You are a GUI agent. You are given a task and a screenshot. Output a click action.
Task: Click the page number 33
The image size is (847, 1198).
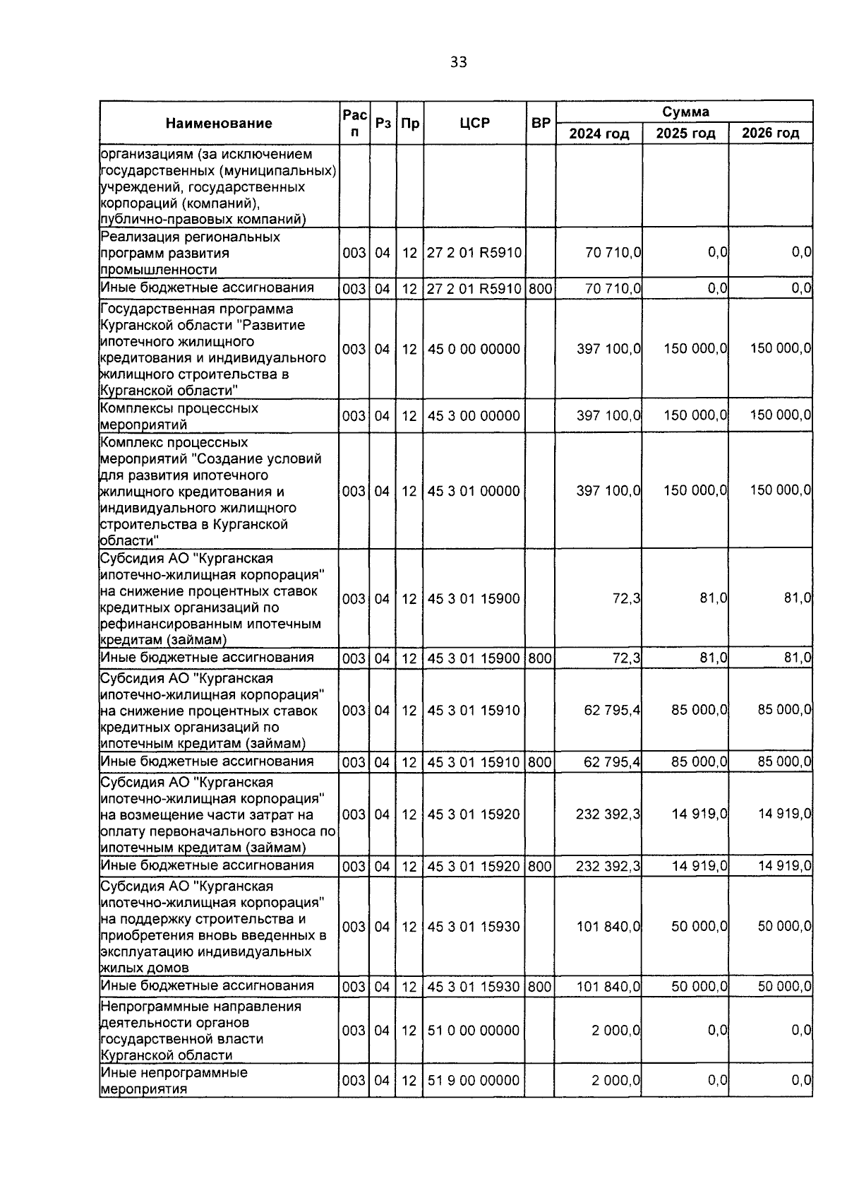click(458, 63)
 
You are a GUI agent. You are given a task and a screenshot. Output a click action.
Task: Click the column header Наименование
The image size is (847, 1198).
click(219, 124)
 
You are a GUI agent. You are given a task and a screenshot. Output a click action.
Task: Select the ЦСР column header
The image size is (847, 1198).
click(474, 124)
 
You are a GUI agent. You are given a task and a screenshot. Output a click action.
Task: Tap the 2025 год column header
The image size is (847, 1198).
click(685, 134)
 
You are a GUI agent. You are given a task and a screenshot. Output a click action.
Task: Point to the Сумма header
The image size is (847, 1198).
click(685, 112)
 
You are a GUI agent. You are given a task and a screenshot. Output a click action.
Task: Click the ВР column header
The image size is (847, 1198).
click(541, 124)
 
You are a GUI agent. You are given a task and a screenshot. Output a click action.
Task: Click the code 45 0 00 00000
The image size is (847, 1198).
click(474, 350)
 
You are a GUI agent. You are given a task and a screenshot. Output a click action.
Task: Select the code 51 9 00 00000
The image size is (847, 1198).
click(474, 1081)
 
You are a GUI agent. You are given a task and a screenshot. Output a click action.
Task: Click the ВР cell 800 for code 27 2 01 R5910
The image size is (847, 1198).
click(540, 289)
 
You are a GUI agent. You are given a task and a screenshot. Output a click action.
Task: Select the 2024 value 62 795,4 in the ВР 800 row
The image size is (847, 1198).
click(612, 762)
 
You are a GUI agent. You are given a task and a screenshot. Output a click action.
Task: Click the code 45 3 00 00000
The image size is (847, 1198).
click(474, 416)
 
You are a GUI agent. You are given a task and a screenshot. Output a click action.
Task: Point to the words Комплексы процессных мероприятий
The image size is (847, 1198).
click(179, 417)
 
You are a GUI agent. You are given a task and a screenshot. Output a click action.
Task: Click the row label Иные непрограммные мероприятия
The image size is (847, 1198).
click(174, 1081)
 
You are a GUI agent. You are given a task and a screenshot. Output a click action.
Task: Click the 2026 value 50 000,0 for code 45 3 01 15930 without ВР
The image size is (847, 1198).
click(784, 927)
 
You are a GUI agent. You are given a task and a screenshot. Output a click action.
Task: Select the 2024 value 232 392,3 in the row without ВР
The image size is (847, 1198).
click(608, 814)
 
